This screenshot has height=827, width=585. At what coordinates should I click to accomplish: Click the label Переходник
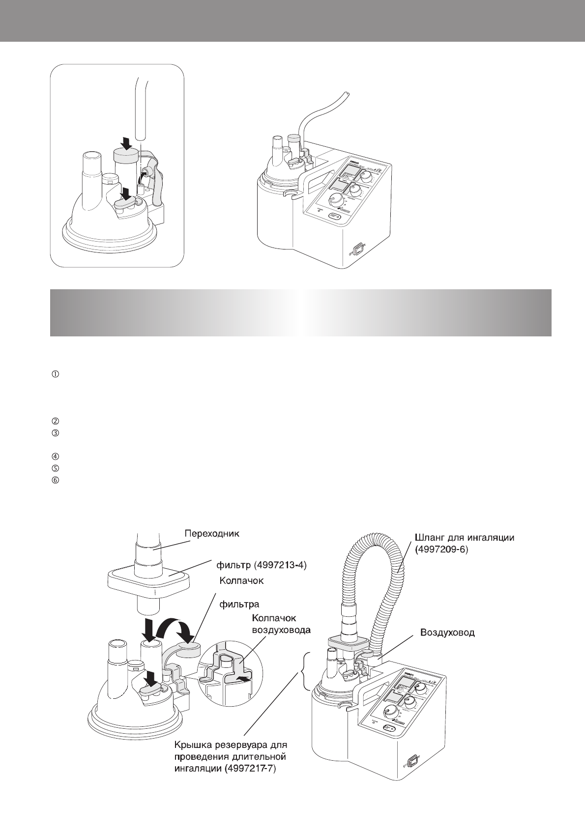coord(212,534)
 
